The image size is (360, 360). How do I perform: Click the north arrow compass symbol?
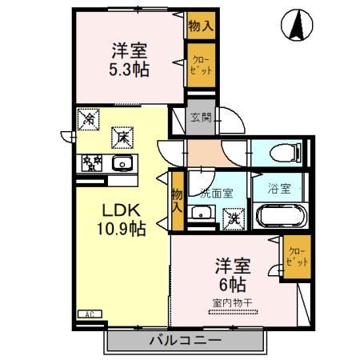click(295, 26)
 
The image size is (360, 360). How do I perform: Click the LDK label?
click(121, 210)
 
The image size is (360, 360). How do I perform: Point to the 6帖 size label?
click(229, 282)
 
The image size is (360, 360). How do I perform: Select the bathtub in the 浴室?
click(282, 217)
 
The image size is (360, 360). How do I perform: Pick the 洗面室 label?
click(216, 192)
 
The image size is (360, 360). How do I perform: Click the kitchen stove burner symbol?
click(92, 163)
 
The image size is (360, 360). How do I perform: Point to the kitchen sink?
click(122, 163)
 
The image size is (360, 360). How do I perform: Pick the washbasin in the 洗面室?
click(202, 214)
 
